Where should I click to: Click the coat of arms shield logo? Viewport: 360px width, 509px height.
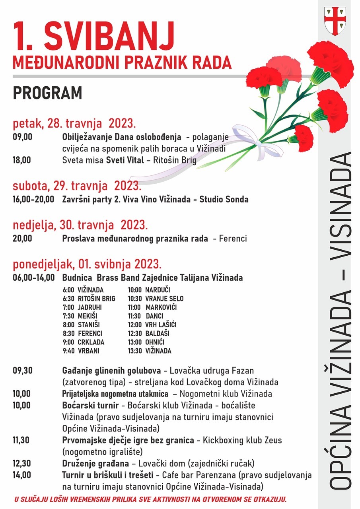point(335,21)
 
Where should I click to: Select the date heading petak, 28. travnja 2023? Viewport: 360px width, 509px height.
point(74,123)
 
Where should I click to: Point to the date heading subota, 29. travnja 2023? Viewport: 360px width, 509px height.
point(77,185)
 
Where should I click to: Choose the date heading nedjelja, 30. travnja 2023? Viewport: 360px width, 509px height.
point(80,225)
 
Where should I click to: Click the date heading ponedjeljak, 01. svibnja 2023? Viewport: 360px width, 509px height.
point(87,264)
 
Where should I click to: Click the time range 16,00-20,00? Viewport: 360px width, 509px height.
point(33,199)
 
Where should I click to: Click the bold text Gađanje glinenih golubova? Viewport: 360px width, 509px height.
point(111,371)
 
